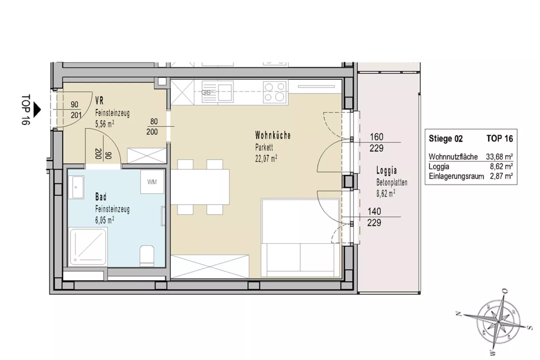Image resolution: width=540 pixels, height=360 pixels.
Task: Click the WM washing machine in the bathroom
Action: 152,182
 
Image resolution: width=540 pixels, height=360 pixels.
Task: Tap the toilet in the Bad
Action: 147,256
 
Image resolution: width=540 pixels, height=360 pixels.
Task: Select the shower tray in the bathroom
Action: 88,247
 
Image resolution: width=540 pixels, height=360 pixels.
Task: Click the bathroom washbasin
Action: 76,187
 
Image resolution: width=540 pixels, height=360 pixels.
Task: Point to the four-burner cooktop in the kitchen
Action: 275,92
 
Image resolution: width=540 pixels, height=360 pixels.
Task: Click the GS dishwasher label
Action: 206,92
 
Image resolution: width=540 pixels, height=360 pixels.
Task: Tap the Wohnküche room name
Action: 273,135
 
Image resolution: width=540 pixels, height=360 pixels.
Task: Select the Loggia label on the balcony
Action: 386,170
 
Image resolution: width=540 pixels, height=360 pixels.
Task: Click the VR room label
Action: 99,101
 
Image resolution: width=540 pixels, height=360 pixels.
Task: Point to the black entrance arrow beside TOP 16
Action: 37,110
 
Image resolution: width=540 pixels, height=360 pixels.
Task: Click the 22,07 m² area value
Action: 266,159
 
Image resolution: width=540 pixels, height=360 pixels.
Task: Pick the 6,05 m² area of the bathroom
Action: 105,220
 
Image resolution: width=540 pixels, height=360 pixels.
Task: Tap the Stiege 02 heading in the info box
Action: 445,139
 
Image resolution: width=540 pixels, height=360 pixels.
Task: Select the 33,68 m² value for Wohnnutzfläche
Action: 499,157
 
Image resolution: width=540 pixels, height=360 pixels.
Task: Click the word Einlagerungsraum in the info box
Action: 456,176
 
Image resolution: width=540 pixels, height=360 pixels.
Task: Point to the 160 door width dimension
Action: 377,137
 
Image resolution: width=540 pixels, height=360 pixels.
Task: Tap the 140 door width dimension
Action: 374,211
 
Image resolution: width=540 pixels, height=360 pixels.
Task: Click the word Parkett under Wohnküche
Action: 264,147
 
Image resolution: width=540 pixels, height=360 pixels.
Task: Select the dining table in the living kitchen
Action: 200,187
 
